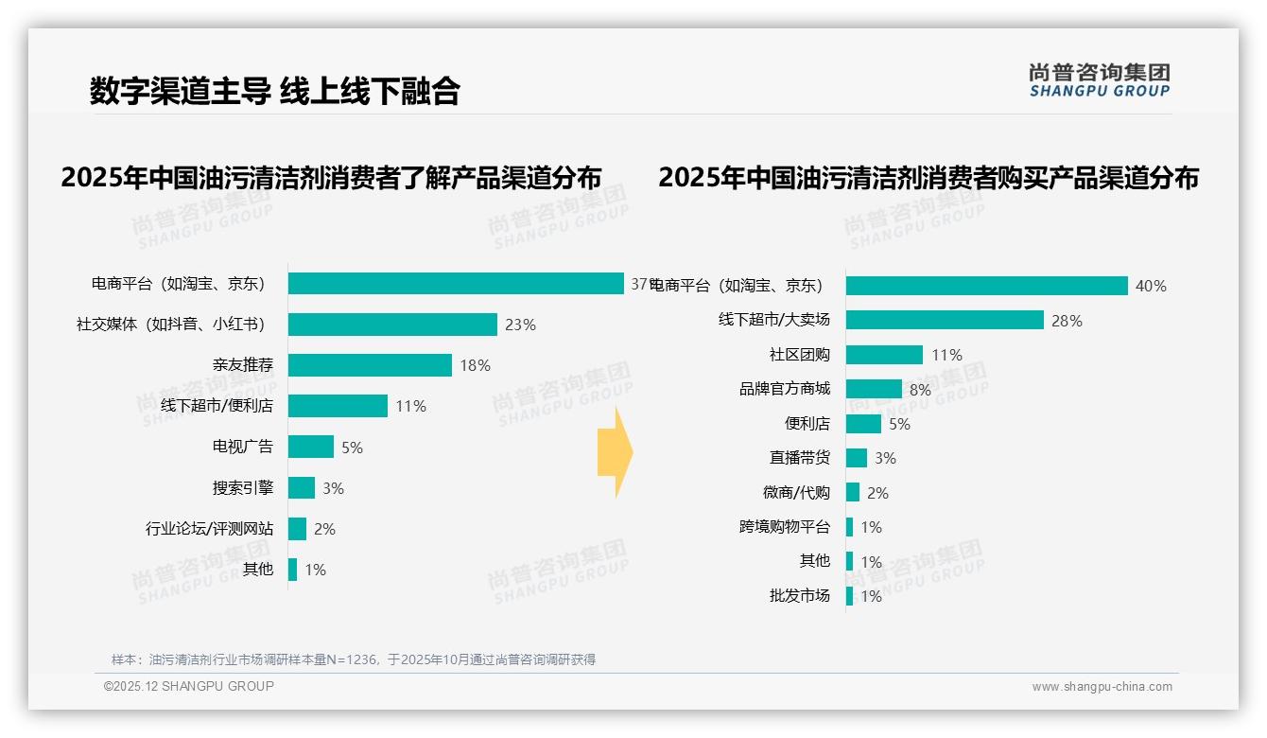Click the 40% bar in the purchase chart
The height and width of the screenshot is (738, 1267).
(986, 286)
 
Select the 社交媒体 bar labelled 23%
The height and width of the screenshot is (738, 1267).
(392, 325)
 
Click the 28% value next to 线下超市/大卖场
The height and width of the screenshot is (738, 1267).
(1067, 321)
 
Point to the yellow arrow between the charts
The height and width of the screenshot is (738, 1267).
(615, 453)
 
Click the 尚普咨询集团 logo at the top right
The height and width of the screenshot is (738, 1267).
(1100, 79)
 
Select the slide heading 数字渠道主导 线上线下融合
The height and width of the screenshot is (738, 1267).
(274, 91)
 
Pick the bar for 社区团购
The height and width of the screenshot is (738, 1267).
(884, 355)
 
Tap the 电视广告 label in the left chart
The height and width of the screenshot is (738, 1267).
(243, 447)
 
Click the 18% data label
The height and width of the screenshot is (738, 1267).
(475, 365)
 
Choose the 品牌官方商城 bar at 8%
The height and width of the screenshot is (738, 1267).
(874, 389)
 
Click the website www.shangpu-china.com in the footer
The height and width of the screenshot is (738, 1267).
(1102, 687)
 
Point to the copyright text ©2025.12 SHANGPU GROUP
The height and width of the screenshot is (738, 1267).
(189, 687)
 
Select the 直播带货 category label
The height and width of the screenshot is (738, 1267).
(800, 458)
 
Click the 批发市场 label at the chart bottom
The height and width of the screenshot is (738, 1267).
(800, 595)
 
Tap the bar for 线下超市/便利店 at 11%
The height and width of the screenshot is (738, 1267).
(338, 406)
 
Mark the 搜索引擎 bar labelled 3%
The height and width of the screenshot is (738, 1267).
(302, 487)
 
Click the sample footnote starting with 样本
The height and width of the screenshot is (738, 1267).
(354, 659)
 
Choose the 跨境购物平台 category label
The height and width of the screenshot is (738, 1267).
(785, 527)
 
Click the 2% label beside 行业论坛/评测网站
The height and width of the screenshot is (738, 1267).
(324, 529)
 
